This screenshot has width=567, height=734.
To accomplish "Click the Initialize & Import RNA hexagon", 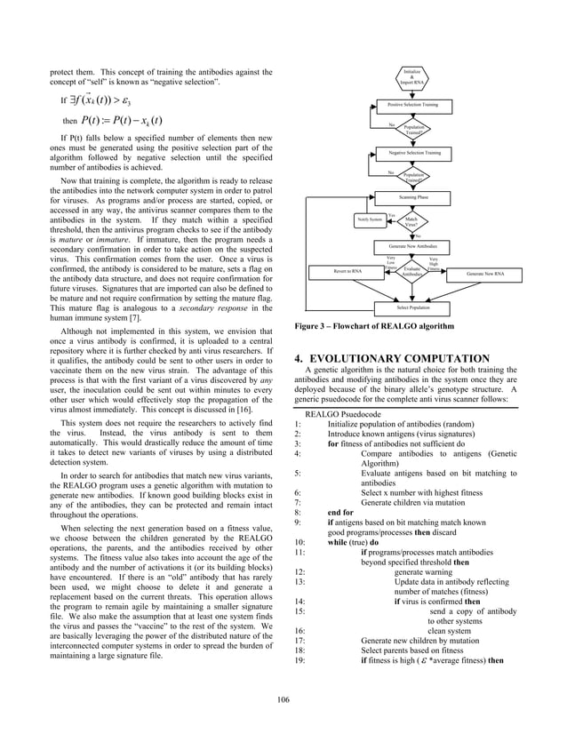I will coord(413,77).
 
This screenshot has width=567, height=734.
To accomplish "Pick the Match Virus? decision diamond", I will coord(412,221).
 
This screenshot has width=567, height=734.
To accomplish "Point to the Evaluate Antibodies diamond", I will coord(411,270).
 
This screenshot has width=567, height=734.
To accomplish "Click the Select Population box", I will coord(413,306).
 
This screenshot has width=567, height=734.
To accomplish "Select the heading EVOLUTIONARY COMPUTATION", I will coord(394,360).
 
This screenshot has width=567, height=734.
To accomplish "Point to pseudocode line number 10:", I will coord(299,539).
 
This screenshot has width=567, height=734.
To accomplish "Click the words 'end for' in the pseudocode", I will coord(341,512).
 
